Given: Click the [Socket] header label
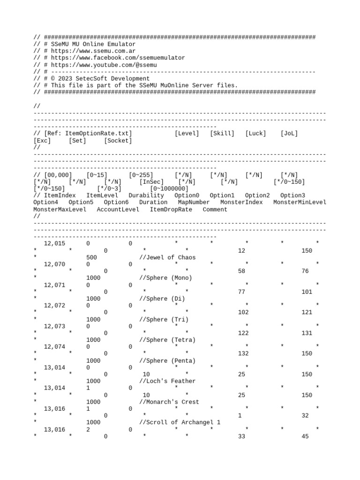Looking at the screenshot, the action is point(118,141).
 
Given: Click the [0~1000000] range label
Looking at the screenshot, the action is point(169,188).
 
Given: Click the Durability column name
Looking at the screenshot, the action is point(146,195).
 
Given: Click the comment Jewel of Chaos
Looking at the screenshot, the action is point(167,257).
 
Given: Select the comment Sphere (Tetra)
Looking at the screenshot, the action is point(167,340).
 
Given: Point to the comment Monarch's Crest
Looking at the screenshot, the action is point(169,402).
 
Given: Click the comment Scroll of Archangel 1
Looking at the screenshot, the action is point(180,422).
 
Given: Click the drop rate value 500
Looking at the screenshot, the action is point(92,257).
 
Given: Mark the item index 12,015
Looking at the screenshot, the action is point(54,244).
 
